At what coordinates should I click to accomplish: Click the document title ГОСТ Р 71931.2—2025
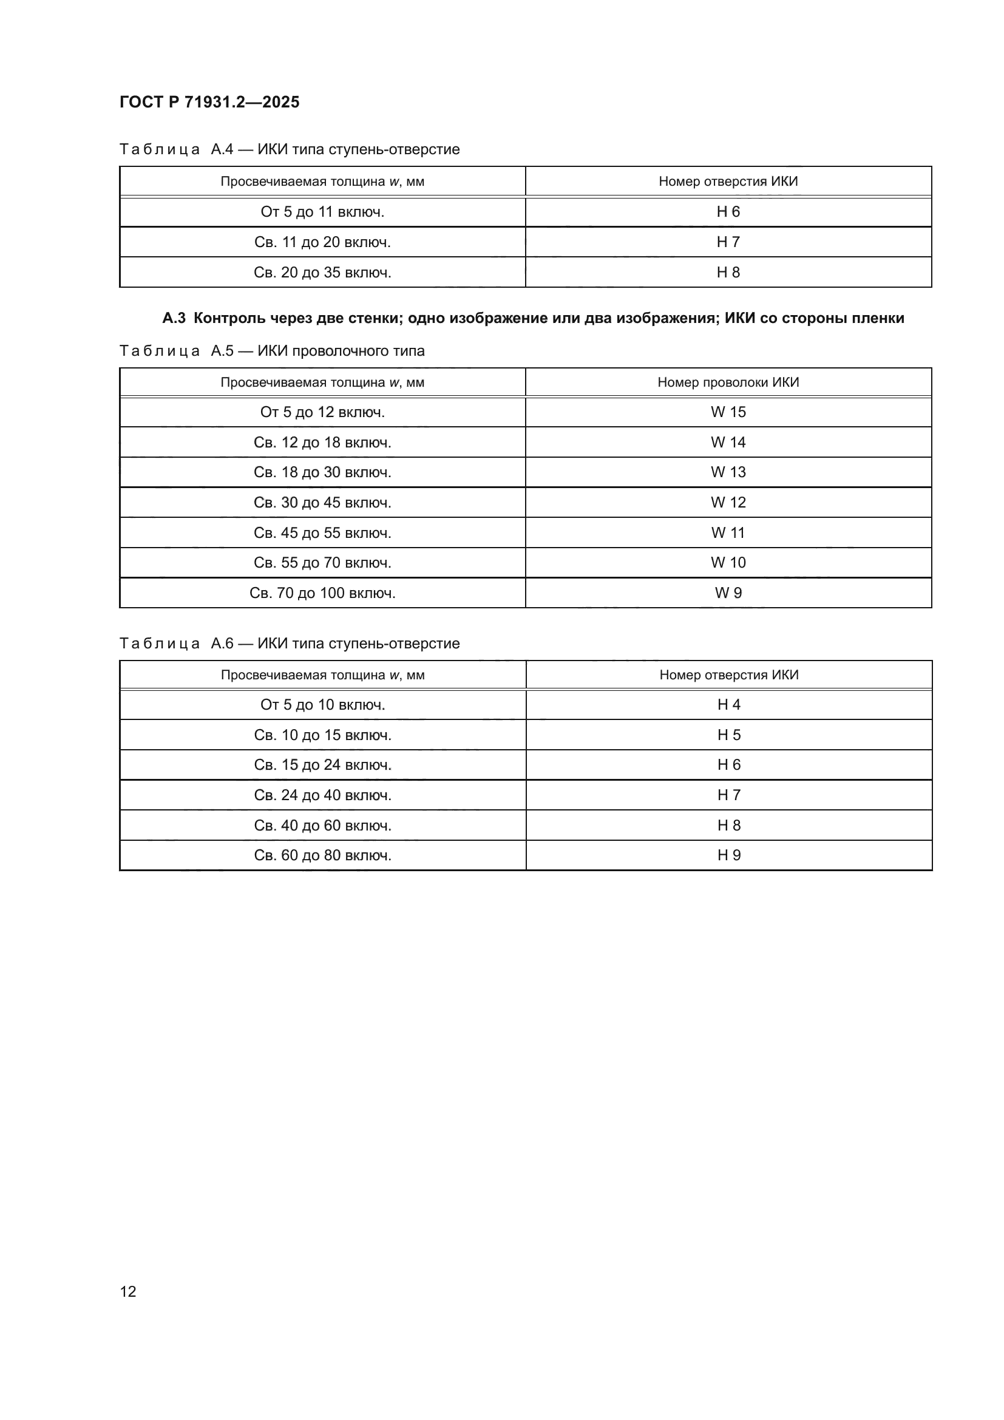pyautogui.click(x=209, y=102)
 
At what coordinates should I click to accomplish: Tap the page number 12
pyautogui.click(x=128, y=1291)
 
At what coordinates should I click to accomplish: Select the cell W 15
pyautogui.click(x=728, y=412)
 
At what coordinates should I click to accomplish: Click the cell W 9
pyautogui.click(x=728, y=593)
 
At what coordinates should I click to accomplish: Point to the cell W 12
pyautogui.click(x=728, y=502)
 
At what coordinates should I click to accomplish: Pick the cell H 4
pyautogui.click(x=729, y=704)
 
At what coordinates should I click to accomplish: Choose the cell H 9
pyautogui.click(x=729, y=855)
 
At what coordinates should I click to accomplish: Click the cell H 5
pyautogui.click(x=729, y=735)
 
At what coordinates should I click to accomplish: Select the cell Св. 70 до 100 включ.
pyautogui.click(x=322, y=593)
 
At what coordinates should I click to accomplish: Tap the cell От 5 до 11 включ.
pyautogui.click(x=322, y=212)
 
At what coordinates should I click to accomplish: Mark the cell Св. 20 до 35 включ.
pyautogui.click(x=322, y=272)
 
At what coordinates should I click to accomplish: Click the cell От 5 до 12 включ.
pyautogui.click(x=322, y=412)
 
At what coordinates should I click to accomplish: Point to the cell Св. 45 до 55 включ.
pyautogui.click(x=322, y=532)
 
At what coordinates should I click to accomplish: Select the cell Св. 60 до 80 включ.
pyautogui.click(x=323, y=855)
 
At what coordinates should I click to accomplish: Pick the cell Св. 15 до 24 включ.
pyautogui.click(x=323, y=765)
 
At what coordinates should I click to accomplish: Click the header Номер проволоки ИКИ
pyautogui.click(x=728, y=382)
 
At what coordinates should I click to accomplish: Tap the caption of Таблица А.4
pyautogui.click(x=290, y=149)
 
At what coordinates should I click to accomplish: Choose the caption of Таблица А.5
pyautogui.click(x=272, y=351)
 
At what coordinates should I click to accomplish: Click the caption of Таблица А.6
pyautogui.click(x=290, y=643)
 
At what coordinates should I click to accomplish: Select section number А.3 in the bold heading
pyautogui.click(x=174, y=318)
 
